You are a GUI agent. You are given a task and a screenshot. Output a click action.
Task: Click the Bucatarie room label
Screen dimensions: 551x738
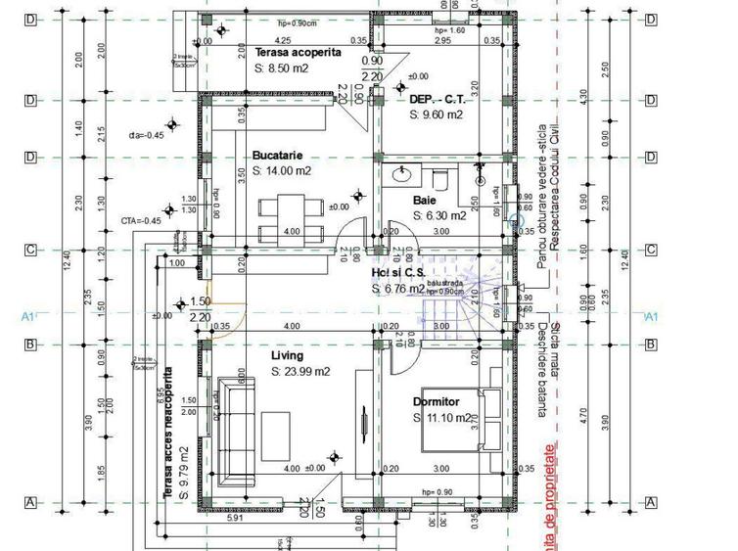click(277, 155)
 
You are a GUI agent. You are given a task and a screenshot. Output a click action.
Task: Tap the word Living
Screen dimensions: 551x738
click(287, 355)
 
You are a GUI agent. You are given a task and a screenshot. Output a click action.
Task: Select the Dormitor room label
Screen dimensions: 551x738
click(436, 401)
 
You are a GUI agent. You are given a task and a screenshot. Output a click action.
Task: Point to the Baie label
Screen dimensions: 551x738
click(424, 200)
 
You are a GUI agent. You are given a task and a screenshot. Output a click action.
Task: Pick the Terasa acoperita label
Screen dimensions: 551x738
click(298, 52)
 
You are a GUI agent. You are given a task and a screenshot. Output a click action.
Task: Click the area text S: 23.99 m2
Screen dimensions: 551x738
click(300, 372)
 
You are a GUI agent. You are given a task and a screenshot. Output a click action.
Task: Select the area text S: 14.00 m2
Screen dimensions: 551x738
click(281, 170)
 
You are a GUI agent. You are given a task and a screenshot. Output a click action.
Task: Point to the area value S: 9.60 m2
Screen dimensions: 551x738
click(436, 115)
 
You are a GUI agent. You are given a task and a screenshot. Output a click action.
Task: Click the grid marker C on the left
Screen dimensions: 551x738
click(30, 250)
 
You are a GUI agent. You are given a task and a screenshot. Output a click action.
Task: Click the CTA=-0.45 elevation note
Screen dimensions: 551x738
click(140, 220)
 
